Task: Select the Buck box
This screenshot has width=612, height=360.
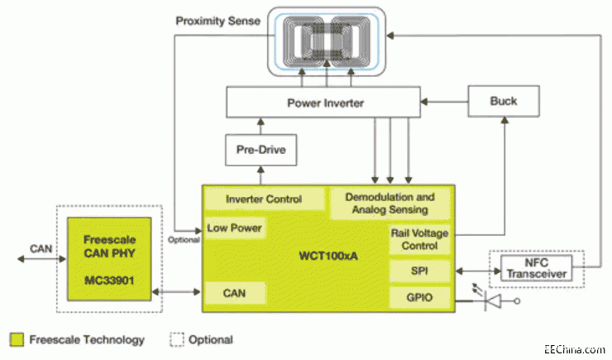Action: point(503,101)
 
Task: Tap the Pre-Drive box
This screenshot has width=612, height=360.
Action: point(261,150)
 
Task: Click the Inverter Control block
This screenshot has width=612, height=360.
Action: point(264,199)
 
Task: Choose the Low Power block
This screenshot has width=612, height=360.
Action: point(235,228)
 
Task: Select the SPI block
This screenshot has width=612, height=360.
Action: point(419,271)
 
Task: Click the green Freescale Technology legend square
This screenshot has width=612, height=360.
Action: point(17,339)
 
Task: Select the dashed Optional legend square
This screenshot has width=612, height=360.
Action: point(177,339)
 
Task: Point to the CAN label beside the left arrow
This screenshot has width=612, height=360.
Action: point(40,247)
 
